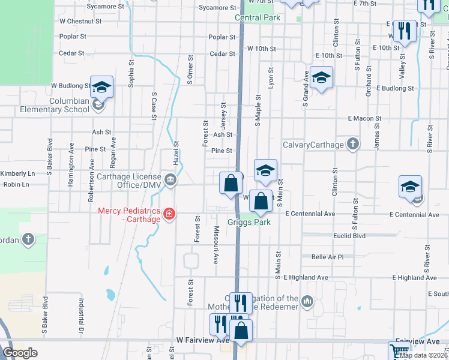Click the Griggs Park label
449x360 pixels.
[249, 222]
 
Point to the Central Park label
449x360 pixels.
[258, 18]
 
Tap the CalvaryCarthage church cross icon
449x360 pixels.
[353, 144]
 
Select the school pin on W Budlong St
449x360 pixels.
[101, 87]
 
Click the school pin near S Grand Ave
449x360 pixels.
[322, 77]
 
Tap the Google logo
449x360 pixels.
[20, 353]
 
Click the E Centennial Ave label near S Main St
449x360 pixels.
[310, 214]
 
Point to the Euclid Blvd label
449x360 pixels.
[349, 236]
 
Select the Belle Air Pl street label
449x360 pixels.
[327, 257]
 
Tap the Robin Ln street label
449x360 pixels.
[16, 184]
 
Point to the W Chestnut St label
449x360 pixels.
[80, 20]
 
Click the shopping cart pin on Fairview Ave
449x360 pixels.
[399, 352]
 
